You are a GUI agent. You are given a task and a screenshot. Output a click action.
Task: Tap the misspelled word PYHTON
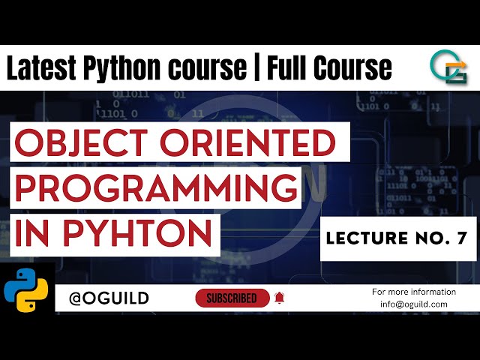(x=138, y=232)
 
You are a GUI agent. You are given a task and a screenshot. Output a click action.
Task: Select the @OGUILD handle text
(x=109, y=298)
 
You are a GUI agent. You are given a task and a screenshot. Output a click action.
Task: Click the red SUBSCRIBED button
(x=232, y=298)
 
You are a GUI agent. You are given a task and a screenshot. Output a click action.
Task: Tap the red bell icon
(x=280, y=298)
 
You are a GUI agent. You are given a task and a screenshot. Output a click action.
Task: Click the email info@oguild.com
(x=413, y=304)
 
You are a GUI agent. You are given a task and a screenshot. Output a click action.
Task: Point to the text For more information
(x=413, y=291)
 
